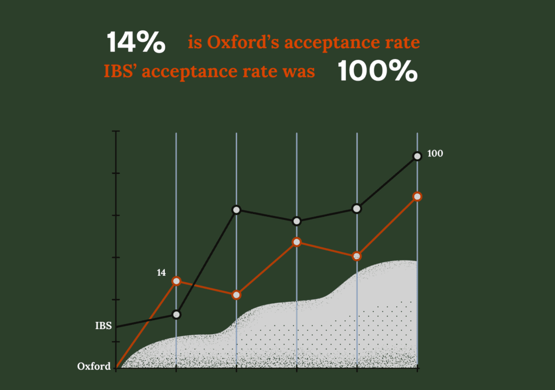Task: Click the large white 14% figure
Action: [136, 42]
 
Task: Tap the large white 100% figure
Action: [378, 71]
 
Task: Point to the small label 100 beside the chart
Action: [435, 153]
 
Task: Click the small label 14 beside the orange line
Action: [161, 272]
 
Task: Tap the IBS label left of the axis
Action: [104, 326]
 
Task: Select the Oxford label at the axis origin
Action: [94, 366]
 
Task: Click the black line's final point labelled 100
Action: [417, 156]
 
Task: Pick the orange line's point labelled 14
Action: [176, 281]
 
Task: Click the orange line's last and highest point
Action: [417, 196]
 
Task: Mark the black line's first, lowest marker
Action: [176, 314]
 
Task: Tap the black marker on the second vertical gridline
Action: [236, 209]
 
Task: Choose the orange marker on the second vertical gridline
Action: [236, 295]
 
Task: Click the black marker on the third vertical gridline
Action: [296, 221]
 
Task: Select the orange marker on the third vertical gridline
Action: [296, 242]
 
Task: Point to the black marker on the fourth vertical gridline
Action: [357, 209]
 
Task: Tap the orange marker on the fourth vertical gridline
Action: [357, 256]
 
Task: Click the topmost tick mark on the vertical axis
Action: [116, 132]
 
